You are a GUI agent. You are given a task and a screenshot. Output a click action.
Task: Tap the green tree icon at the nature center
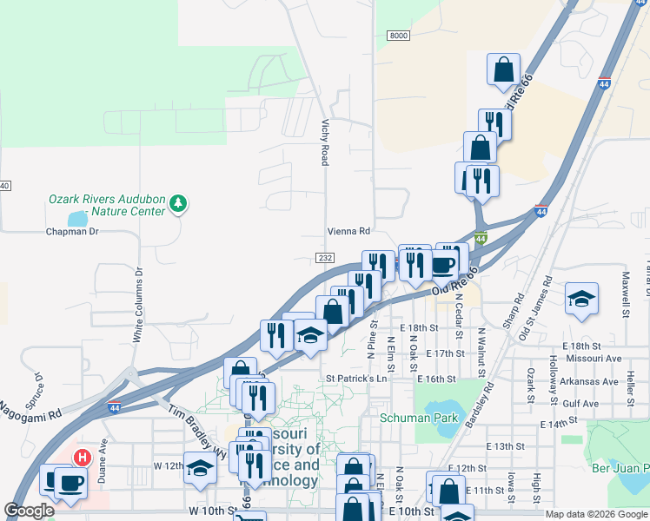click(178, 204)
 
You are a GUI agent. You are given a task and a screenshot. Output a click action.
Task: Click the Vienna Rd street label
click(348, 231)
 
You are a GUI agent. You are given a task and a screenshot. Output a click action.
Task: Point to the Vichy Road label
click(325, 142)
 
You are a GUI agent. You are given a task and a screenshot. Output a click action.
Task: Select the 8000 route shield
click(397, 35)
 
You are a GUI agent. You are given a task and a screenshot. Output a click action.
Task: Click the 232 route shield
click(325, 258)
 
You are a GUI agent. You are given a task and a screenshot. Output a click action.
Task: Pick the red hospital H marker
click(82, 458)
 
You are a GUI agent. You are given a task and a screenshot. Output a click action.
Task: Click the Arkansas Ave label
click(587, 380)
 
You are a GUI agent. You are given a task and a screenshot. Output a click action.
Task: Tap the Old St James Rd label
click(534, 307)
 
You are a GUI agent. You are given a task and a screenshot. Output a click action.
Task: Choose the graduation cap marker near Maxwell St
click(581, 299)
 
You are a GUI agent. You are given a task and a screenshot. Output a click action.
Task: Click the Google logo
click(29, 511)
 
